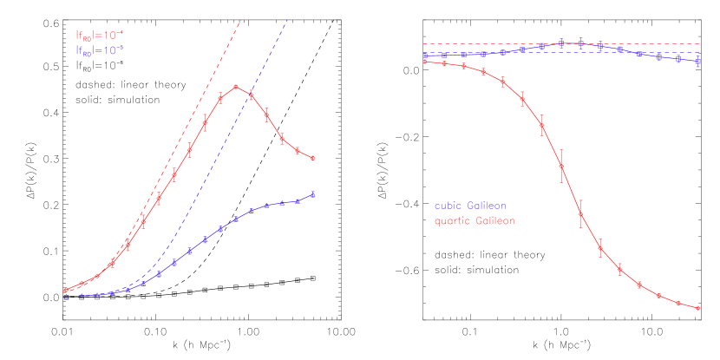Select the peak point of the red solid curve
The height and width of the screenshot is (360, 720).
click(x=236, y=87)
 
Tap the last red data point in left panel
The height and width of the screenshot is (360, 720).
click(x=312, y=158)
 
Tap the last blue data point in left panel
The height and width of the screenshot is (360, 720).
click(x=312, y=194)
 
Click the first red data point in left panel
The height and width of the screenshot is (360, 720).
click(x=66, y=290)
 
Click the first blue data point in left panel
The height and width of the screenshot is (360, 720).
click(x=66, y=297)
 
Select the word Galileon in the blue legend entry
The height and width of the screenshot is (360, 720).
click(x=487, y=206)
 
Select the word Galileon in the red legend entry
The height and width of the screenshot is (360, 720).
click(x=494, y=221)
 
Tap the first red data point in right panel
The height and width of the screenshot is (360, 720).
click(x=425, y=62)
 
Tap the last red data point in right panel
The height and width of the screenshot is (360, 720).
click(x=698, y=308)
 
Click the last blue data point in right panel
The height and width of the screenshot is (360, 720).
click(x=698, y=61)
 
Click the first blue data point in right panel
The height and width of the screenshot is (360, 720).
click(x=425, y=55)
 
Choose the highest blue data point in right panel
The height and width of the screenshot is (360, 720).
click(x=562, y=43)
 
